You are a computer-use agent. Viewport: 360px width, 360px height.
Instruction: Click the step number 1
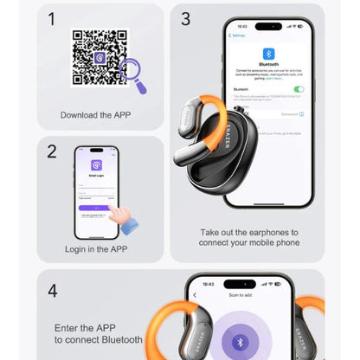pos(53,18)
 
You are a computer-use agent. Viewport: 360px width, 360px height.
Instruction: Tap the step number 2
pos(53,151)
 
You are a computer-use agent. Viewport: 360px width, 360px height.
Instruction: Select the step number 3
pos(185,18)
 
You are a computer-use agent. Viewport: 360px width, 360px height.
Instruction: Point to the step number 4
pos(53,290)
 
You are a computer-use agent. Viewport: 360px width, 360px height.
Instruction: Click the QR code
pos(99,57)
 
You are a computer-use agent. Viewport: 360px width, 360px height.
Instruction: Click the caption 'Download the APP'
pos(96,114)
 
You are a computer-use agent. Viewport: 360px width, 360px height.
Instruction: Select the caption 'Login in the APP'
pos(96,249)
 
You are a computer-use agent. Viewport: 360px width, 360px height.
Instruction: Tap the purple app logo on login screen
pos(96,165)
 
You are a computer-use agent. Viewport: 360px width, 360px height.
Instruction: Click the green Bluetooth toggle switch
pos(299,89)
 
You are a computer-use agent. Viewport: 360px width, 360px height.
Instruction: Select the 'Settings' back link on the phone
pos(239,35)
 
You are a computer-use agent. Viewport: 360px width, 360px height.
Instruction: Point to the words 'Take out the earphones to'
pos(249,233)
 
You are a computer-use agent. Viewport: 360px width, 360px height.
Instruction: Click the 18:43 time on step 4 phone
pos(208,284)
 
